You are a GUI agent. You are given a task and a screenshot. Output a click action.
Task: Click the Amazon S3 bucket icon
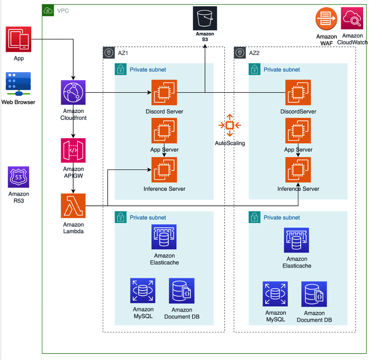point(205,18)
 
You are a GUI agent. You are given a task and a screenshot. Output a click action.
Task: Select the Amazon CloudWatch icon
point(352,19)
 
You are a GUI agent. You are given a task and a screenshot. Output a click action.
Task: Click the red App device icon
point(18,39)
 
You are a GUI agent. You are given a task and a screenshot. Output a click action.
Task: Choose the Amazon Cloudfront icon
point(73,92)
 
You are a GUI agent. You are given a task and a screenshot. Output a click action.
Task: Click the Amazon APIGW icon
point(73,150)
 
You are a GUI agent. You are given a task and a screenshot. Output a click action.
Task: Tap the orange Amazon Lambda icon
point(73,206)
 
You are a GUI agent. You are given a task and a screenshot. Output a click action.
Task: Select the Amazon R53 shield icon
point(18,177)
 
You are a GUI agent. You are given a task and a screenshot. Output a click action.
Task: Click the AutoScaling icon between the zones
point(230,125)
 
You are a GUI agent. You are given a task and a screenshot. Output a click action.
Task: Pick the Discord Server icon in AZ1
point(164,92)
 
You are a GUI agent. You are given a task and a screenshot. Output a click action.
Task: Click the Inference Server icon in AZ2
point(298,169)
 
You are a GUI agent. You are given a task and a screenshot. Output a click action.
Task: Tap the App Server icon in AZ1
point(164,131)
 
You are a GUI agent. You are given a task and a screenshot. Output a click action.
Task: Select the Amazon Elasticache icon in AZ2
point(296,240)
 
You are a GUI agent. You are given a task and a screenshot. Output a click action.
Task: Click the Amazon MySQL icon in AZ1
point(143,291)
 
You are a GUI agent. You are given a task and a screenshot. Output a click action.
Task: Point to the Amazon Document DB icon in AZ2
point(314,294)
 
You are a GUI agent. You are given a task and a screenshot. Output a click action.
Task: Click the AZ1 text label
point(123,53)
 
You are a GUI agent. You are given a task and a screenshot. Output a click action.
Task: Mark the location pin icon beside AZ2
point(240,53)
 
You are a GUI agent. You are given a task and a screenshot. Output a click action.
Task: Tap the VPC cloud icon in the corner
point(48,10)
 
